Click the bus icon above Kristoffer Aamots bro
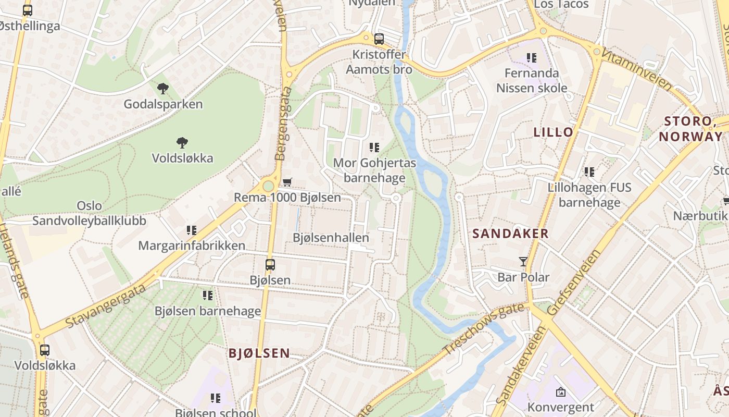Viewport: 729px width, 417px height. click(379, 39)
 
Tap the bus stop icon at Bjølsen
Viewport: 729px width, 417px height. click(270, 264)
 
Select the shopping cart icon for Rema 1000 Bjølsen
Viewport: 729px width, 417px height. click(287, 182)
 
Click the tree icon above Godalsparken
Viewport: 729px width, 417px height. click(163, 89)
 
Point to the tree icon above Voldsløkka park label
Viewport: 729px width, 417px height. click(182, 142)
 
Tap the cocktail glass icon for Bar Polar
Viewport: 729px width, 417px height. click(523, 261)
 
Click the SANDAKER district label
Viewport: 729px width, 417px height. click(510, 234)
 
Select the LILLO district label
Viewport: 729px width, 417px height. click(553, 132)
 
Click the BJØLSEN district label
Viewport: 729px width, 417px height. click(259, 353)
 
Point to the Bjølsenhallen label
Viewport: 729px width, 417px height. click(331, 238)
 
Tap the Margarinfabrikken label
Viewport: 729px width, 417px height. click(192, 246)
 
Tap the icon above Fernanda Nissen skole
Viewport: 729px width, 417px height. click(531, 57)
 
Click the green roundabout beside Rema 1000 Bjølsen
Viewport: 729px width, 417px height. click(268, 186)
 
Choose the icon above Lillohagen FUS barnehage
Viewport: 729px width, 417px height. click(589, 171)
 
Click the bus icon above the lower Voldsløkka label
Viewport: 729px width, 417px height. click(45, 350)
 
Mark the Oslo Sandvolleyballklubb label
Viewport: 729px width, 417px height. click(89, 213)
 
